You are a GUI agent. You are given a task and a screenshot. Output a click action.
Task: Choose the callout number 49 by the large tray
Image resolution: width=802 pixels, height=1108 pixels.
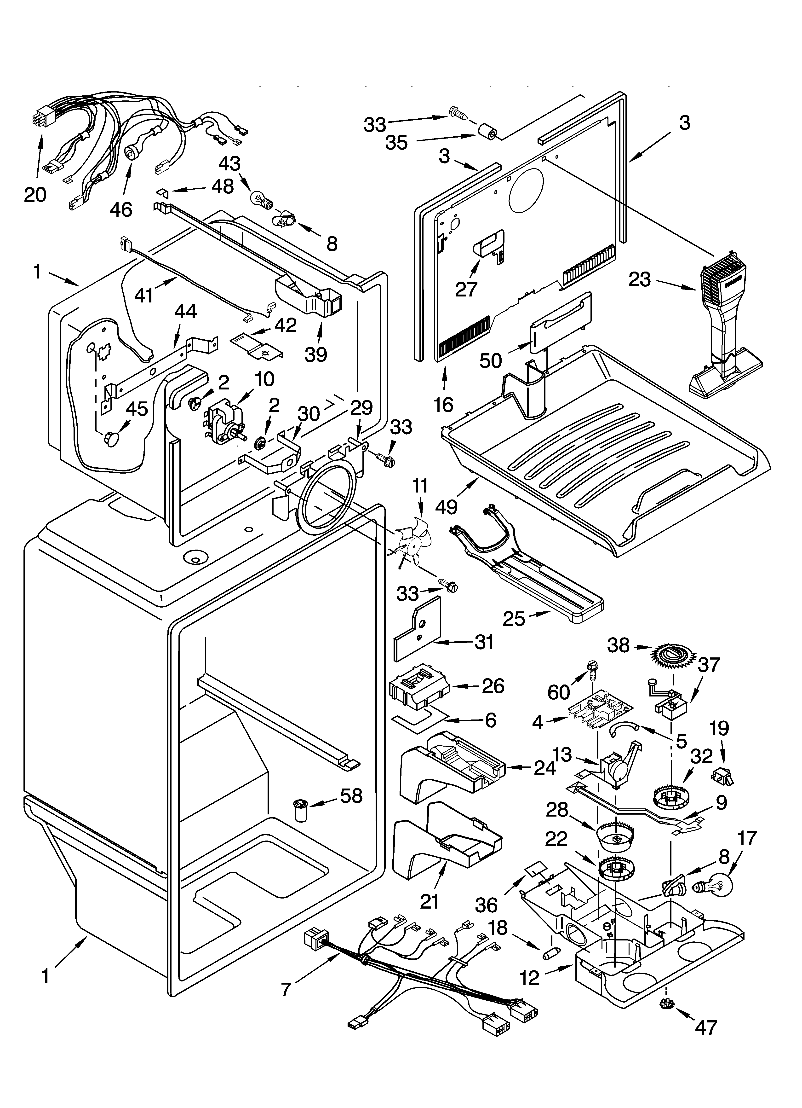(446, 507)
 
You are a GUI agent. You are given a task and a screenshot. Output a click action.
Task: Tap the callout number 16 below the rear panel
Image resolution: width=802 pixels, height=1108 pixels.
(443, 405)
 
